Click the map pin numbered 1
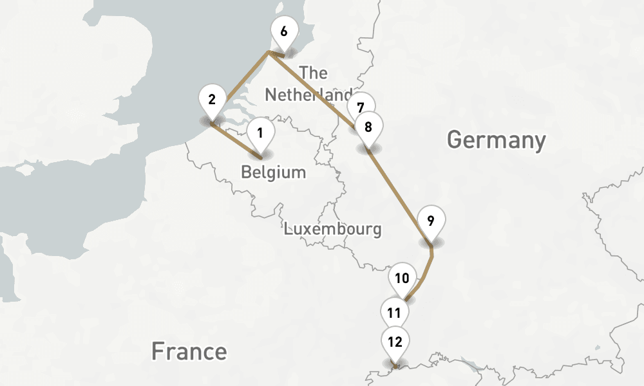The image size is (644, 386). coord(260,134)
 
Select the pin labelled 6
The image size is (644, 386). coord(284,31)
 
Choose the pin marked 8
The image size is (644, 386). coord(368,127)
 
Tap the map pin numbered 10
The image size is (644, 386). coord(402,279)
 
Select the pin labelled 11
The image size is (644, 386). coord(395,313)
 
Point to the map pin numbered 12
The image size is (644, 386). coord(395,342)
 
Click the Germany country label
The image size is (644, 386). coord(496,140)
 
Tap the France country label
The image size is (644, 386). coord(189,351)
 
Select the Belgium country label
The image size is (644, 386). coord(273,172)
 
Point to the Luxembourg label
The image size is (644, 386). coord(332,228)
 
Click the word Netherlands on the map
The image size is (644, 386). coord(308,95)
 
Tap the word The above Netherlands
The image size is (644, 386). coord(314,72)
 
